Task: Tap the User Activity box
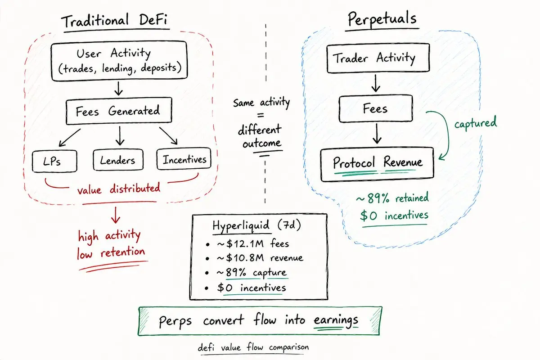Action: tap(119, 61)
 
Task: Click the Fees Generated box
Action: tap(119, 111)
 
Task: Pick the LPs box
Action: tap(54, 160)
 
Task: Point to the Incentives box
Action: tap(184, 160)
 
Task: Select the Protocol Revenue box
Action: tap(378, 162)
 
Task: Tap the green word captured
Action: tap(476, 123)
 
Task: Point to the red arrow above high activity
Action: tap(116, 215)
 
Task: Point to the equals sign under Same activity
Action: tap(261, 115)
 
